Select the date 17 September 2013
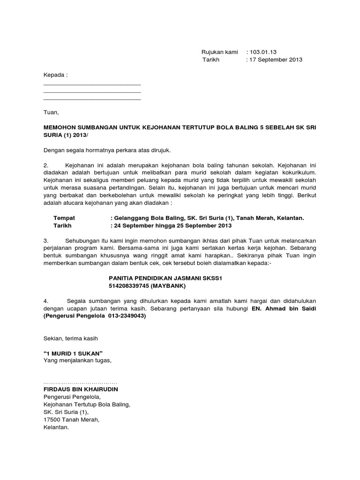coord(276,60)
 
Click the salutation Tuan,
coord(51,112)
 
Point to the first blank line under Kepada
coord(92,84)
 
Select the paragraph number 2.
coord(46,165)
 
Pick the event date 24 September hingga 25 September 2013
coord(172,225)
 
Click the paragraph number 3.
coord(46,240)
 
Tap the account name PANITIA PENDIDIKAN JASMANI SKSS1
coord(165,278)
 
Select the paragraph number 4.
coord(46,300)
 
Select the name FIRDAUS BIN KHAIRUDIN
coord(81,390)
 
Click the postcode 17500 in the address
coord(52,420)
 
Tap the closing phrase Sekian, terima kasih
coord(71,338)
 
